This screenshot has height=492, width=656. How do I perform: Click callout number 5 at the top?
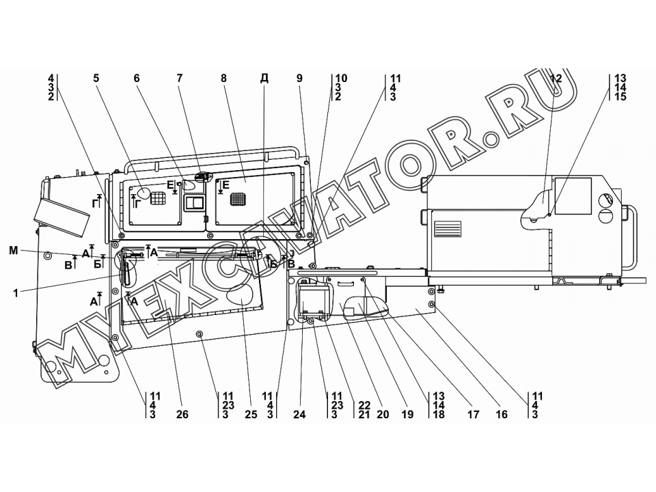coord(96,78)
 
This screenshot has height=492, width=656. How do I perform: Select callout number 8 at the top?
coord(224,78)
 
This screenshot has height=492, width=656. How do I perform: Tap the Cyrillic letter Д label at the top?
coord(264,79)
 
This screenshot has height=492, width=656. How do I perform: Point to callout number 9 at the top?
coord(299,78)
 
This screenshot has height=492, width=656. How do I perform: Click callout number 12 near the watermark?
coord(556,78)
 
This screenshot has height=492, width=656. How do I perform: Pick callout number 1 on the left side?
coord(16,293)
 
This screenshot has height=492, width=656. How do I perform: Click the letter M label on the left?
coord(14,251)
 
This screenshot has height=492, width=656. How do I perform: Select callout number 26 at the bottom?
coord(182,415)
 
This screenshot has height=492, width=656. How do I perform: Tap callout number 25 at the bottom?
coord(251,415)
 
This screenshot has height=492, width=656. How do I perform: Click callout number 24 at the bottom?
coord(299,415)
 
